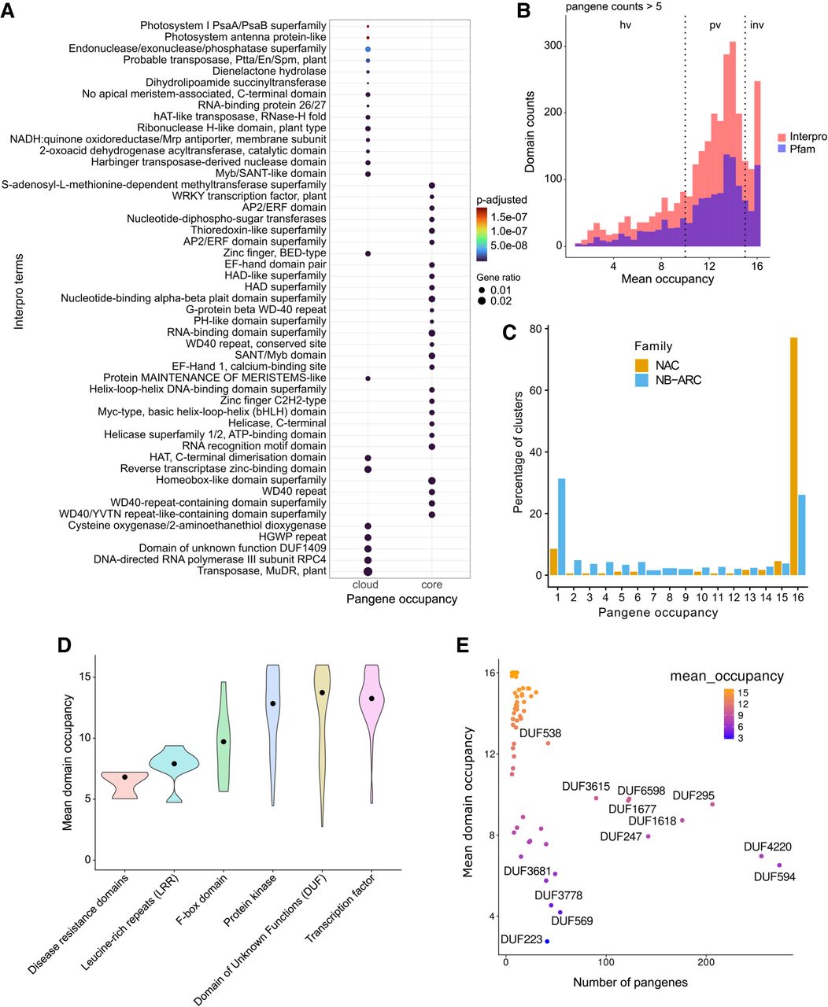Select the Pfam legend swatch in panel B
click(784, 149)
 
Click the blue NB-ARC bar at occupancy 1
click(561, 527)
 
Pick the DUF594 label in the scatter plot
click(774, 876)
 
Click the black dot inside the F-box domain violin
click(224, 742)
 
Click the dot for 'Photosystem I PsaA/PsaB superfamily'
click(368, 26)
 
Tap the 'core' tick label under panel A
click(431, 585)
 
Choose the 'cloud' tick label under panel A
click(366, 585)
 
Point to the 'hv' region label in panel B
click(625, 25)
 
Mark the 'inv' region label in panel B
click(756, 25)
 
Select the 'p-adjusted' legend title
click(502, 200)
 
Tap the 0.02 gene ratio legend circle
click(482, 301)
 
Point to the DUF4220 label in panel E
click(767, 847)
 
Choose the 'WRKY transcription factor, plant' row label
click(249, 196)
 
